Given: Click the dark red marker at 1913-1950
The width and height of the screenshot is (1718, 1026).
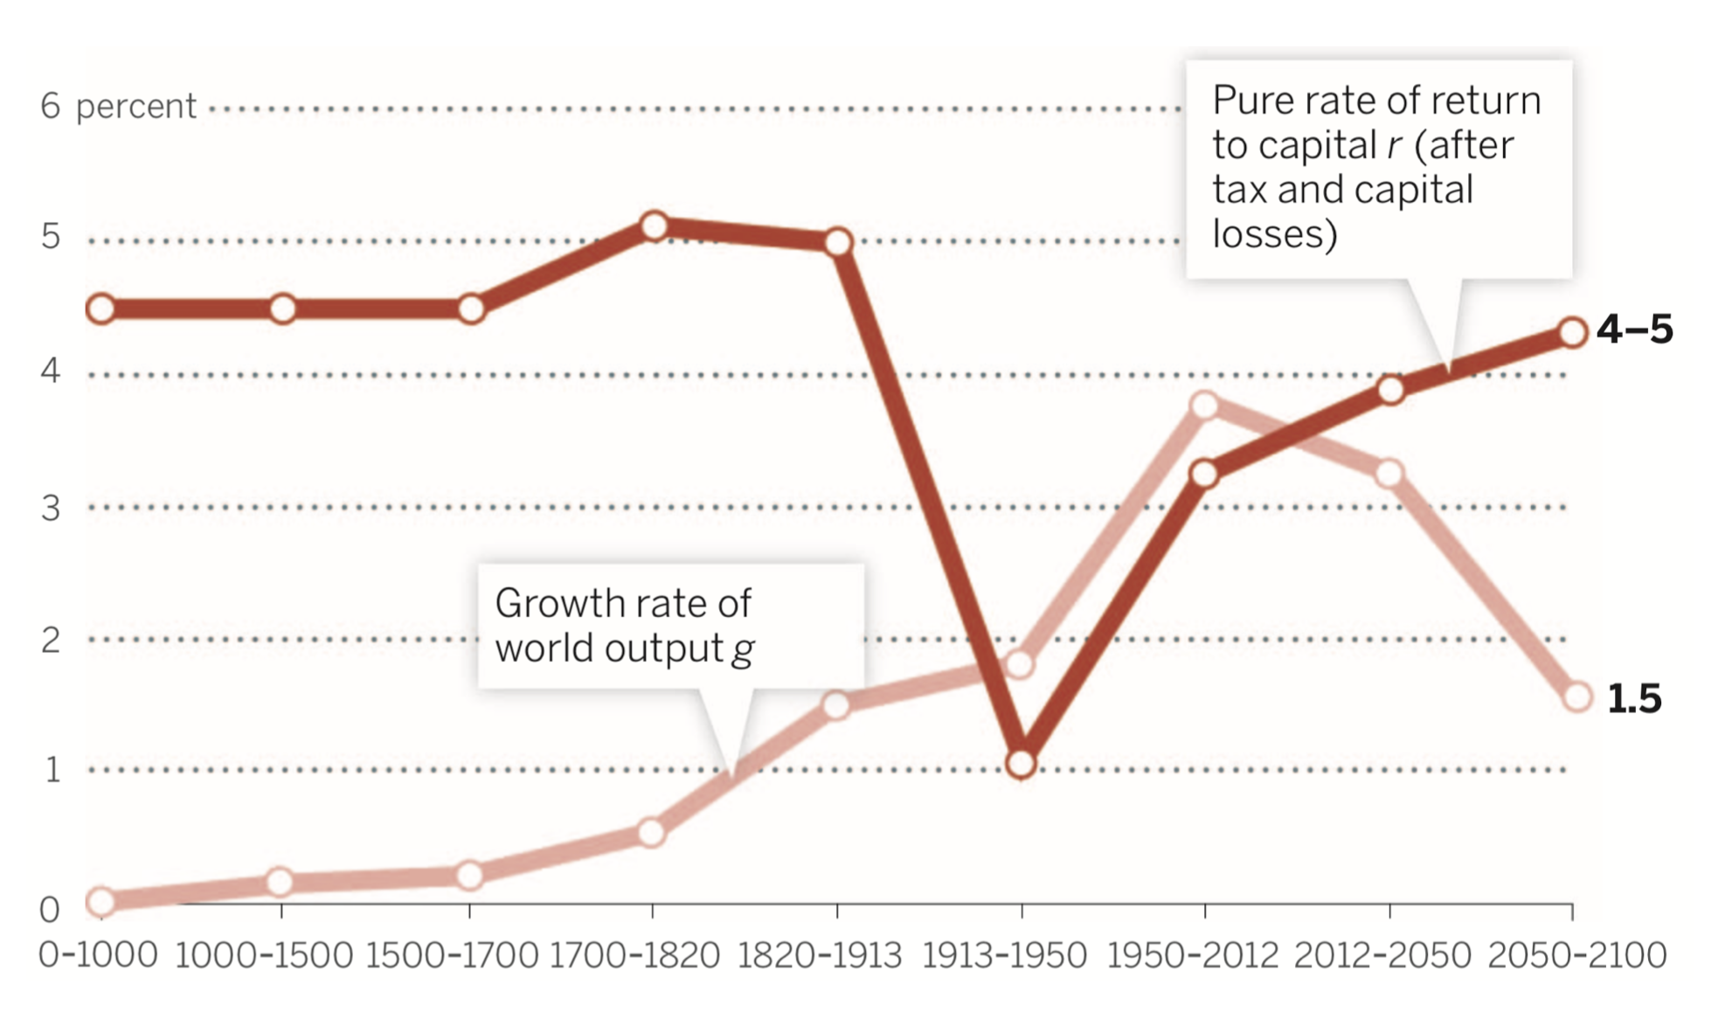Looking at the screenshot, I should click(1021, 764).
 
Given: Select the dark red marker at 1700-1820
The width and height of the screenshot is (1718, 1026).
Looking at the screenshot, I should click(654, 227).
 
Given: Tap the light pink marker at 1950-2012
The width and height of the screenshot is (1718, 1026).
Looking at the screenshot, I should click(1205, 406).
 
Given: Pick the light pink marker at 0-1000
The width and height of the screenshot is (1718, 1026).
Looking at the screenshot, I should click(101, 901).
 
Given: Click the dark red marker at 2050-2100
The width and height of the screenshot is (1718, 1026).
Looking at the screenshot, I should click(1573, 333).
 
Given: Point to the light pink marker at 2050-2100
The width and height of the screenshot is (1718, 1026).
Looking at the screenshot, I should click(1577, 697).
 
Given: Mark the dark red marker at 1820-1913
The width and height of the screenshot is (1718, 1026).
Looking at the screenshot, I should click(838, 242).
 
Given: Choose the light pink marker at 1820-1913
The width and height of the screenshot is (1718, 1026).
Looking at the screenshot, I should click(837, 705).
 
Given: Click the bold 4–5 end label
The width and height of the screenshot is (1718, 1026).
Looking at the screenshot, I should click(1634, 330).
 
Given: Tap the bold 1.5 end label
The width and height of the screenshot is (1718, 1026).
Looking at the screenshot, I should click(1634, 699).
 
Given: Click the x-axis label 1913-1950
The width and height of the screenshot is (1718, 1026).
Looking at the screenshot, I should click(1004, 956).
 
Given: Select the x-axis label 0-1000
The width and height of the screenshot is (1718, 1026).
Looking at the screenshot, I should click(98, 956).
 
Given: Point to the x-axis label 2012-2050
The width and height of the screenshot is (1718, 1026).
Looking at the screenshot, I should click(1382, 956).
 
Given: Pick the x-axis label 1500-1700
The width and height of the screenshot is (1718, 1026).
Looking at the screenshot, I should click(452, 956).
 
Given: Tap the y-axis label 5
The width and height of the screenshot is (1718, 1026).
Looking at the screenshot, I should click(51, 237).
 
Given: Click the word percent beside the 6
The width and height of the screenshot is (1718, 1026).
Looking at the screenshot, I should click(135, 107).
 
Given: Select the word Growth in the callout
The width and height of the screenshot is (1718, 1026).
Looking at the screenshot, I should click(558, 604).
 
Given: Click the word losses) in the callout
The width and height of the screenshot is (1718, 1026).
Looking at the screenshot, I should click(1274, 234).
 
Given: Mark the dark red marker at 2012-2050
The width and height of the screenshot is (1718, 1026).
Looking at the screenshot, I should click(1391, 390).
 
